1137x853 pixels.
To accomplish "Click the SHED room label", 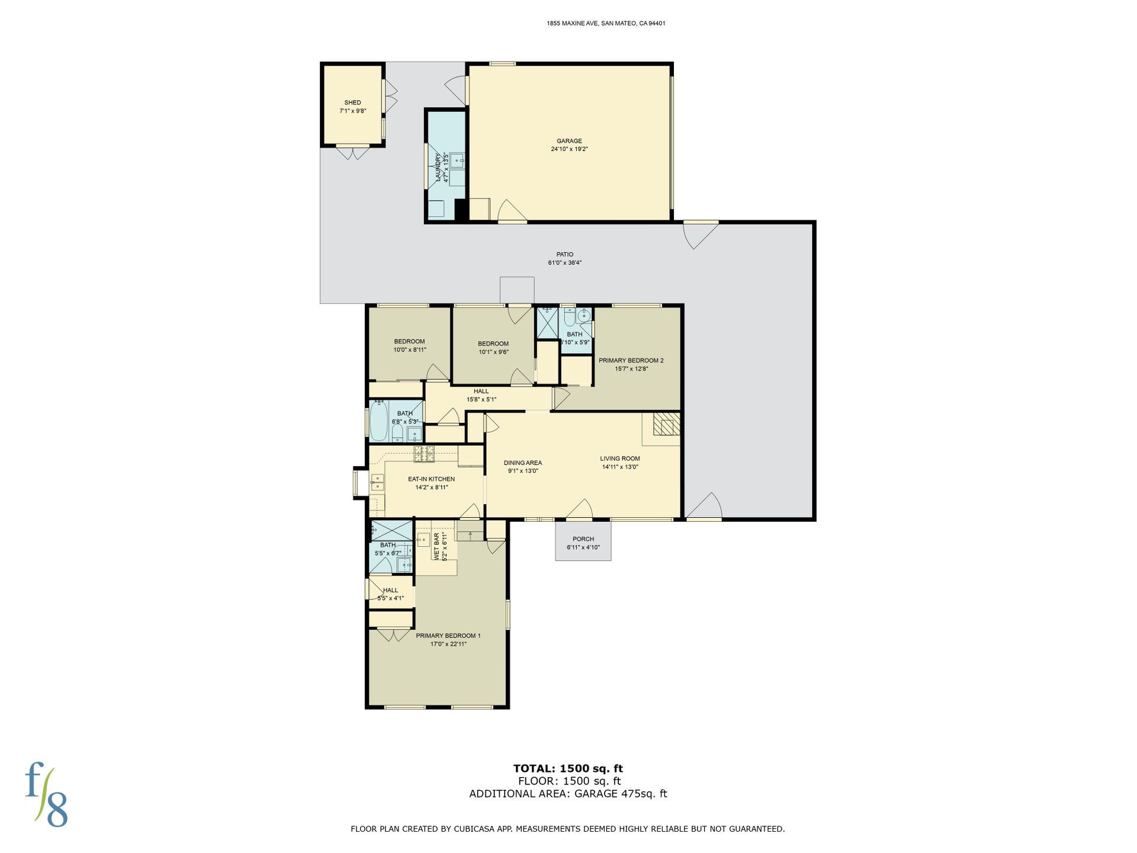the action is coord(352,102).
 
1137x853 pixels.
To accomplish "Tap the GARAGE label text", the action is coord(569,141).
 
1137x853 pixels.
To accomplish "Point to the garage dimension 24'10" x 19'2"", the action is coord(569,149).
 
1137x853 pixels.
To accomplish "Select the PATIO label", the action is coord(564,254).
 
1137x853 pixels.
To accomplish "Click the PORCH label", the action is coord(583,539).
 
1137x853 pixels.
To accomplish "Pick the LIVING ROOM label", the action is coord(620,458).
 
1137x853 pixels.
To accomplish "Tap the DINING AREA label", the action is coord(523,463).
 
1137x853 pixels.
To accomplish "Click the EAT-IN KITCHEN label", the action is coord(431,479).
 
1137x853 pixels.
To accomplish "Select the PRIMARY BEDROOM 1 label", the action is coord(448,636).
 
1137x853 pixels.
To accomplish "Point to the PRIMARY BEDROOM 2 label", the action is coord(631,360).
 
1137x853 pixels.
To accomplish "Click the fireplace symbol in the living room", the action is coord(667,424).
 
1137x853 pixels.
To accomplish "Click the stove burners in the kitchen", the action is coord(424,454).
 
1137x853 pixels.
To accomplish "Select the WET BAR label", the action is coord(436,547).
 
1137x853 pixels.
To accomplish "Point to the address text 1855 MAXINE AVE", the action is coord(573,24).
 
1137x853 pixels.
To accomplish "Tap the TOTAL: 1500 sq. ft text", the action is coord(568,768).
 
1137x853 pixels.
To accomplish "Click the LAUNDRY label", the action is coord(438,168).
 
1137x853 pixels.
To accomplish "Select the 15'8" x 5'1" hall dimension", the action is coord(481,399).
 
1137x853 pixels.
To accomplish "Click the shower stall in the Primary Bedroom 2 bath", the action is coord(547,323).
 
